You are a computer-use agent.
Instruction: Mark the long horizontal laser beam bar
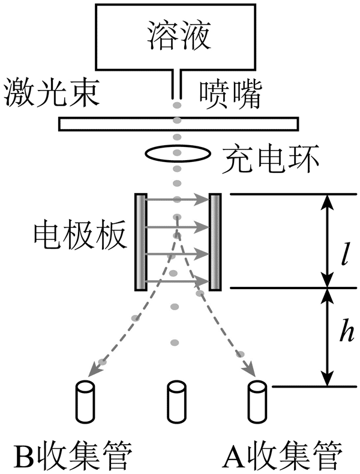click(178, 124)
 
